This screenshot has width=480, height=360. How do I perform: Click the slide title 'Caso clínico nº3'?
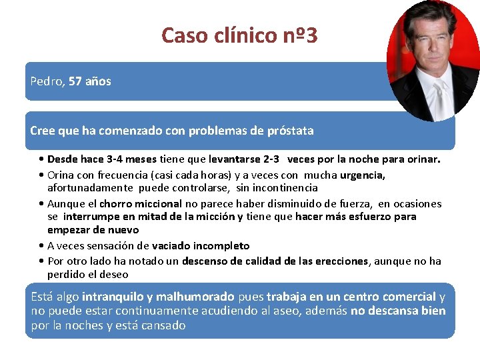[239, 35]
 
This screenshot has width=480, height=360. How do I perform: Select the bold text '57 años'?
[90, 81]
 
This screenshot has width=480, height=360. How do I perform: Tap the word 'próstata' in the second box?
[289, 131]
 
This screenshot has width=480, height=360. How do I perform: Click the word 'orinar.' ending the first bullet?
[422, 159]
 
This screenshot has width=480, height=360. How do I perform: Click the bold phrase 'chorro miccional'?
[141, 203]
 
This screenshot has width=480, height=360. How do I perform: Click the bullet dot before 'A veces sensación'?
[42, 245]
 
